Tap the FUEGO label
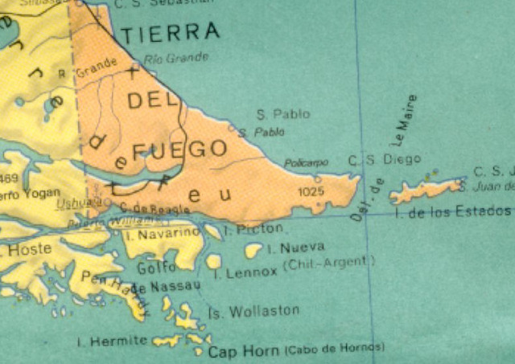(178, 149)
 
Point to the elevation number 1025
(310, 192)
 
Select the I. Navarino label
(163, 233)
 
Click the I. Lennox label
(245, 273)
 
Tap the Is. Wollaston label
(253, 311)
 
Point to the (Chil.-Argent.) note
(328, 262)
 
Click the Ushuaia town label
(73, 203)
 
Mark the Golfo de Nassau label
(165, 278)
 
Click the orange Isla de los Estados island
(423, 190)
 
